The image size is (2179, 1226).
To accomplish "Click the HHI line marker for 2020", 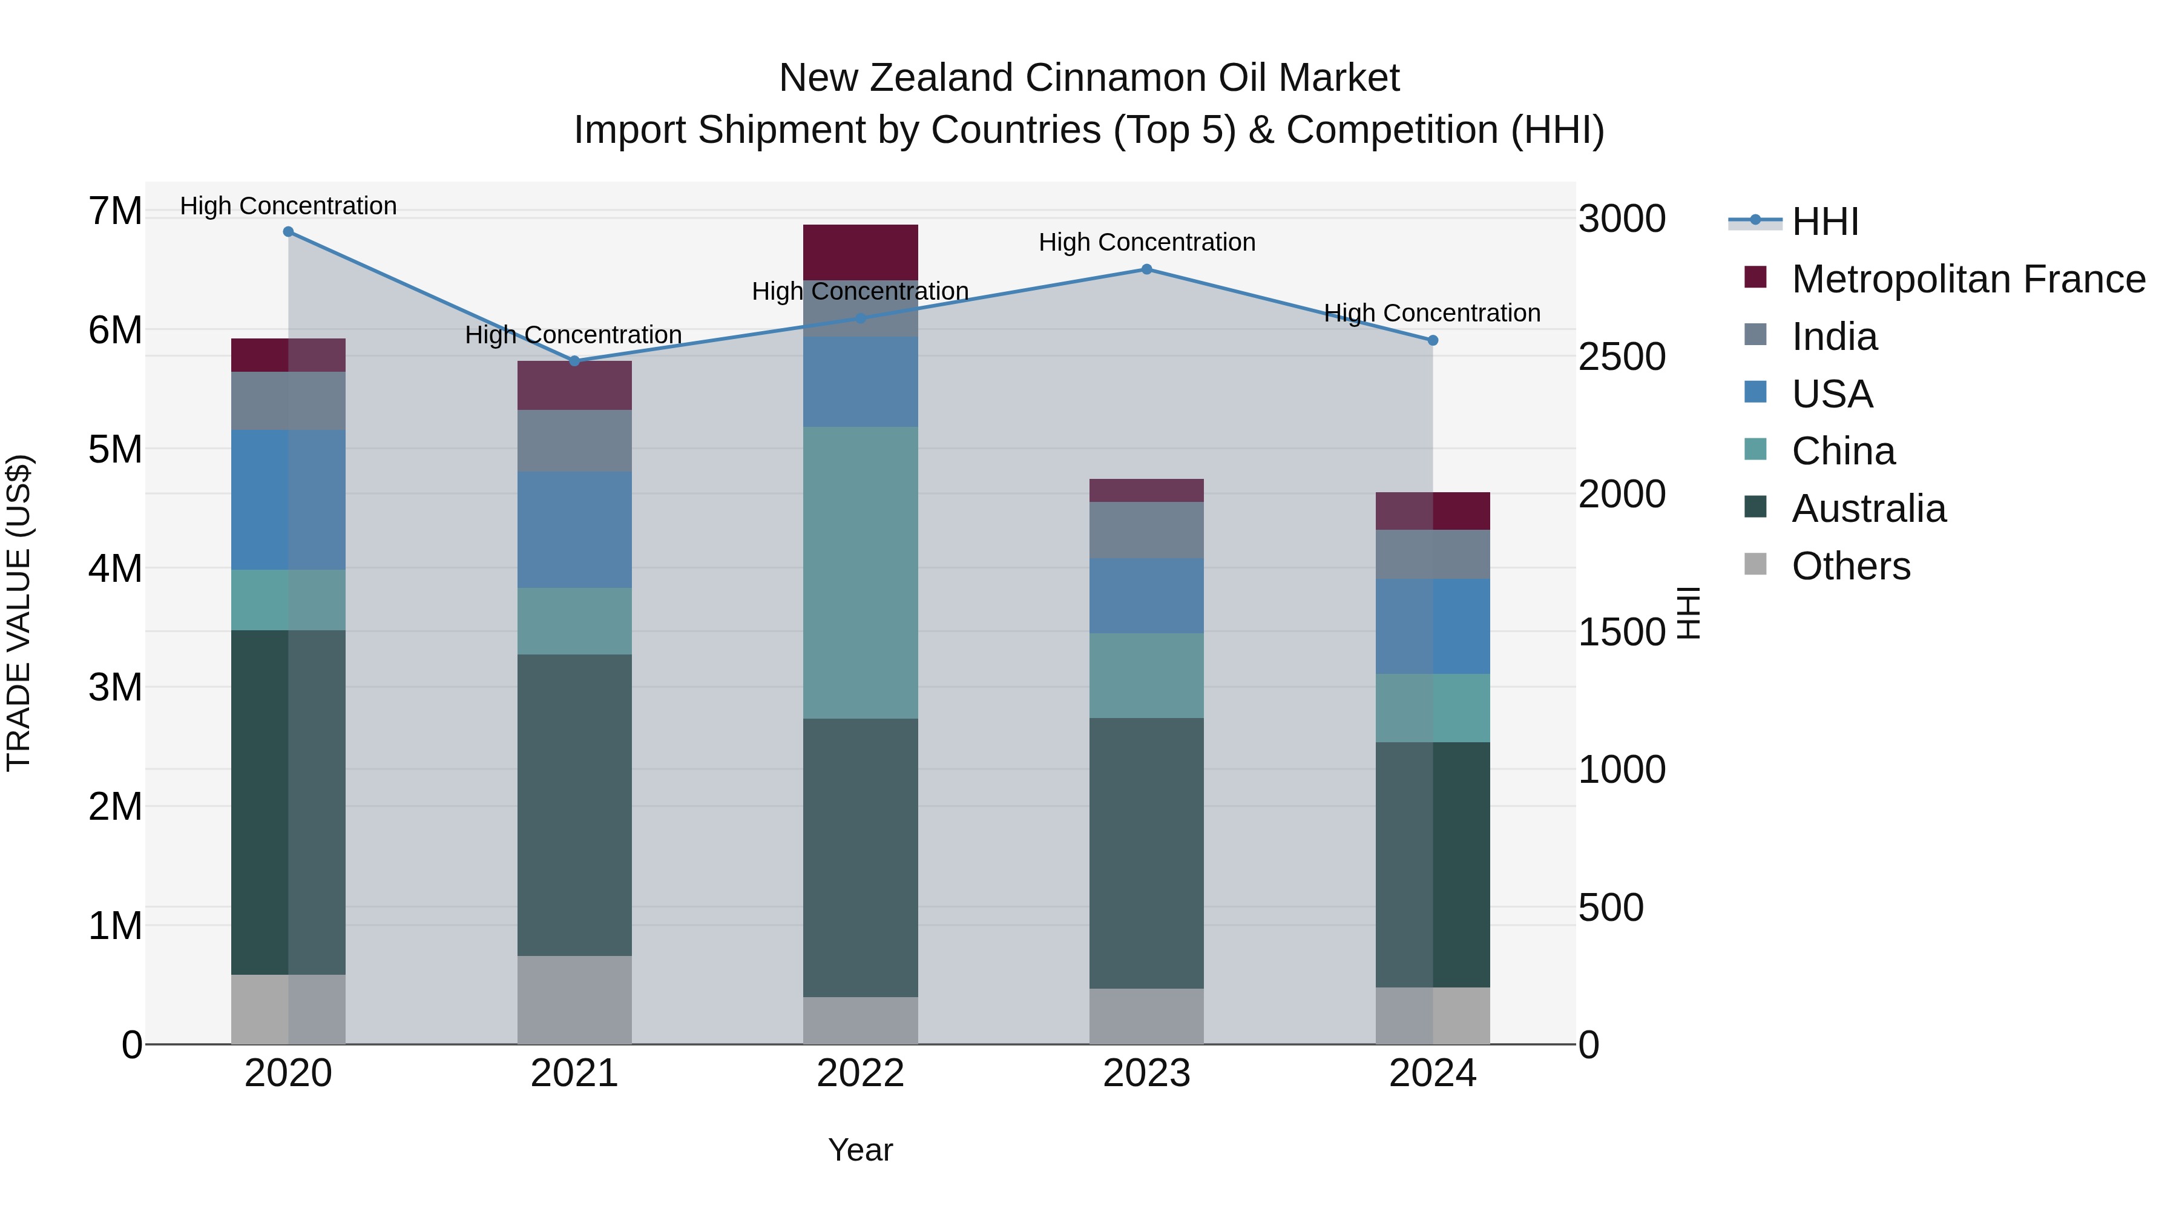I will [x=289, y=232].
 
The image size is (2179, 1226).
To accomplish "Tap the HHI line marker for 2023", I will [x=1147, y=269].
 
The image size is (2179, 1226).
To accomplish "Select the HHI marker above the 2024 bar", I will [x=1433, y=340].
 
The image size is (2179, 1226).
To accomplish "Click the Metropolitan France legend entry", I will [x=1968, y=279].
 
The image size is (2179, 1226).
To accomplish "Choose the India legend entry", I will [x=1834, y=337].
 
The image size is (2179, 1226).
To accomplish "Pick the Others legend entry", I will [x=1851, y=566].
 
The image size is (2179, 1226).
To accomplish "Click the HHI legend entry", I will [x=1824, y=222].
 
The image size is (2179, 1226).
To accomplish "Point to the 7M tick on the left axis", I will [x=115, y=211].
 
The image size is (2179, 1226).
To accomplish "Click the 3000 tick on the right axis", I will [x=1622, y=219].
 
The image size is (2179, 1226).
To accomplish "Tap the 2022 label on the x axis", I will [x=860, y=1073].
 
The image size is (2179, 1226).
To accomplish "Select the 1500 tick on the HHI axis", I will [x=1622, y=632].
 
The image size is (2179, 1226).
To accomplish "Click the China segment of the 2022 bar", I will [x=860, y=572].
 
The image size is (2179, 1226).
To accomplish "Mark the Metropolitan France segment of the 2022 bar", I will [x=860, y=252].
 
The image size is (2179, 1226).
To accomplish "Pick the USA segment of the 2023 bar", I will [x=1146, y=596].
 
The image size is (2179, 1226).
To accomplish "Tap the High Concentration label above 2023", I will [x=1147, y=243].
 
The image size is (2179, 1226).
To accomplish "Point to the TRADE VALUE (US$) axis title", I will [x=19, y=613].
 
